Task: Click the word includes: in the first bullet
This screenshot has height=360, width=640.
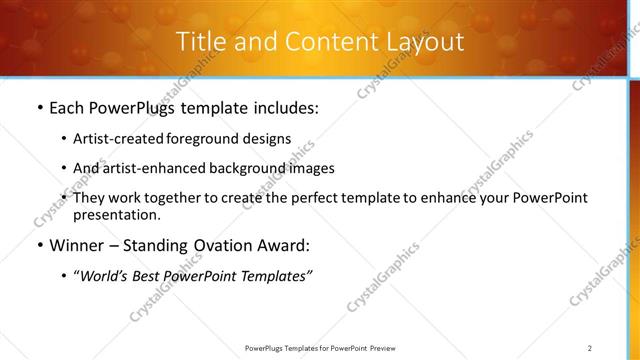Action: click(x=279, y=108)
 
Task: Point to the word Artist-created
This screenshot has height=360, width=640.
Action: click(x=112, y=139)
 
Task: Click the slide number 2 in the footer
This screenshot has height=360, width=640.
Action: click(x=590, y=347)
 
